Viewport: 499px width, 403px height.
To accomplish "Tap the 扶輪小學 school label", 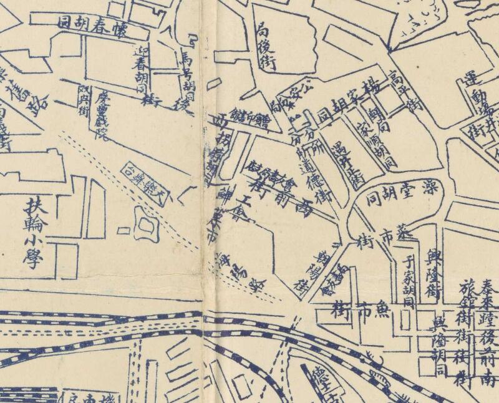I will tap(32, 233).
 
